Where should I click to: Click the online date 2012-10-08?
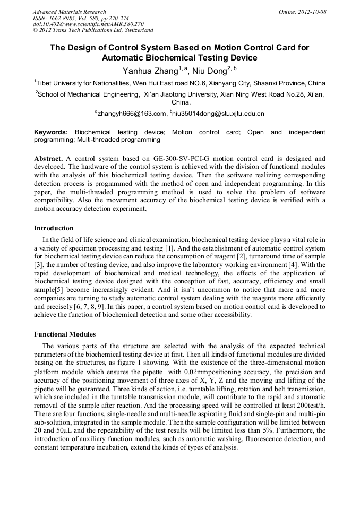click(x=312, y=12)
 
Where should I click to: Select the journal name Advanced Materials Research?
click(x=69, y=12)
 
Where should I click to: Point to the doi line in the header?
click(x=88, y=24)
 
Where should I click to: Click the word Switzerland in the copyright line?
click(x=136, y=30)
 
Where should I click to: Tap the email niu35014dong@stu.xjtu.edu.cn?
click(x=218, y=114)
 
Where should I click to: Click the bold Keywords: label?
click(x=51, y=132)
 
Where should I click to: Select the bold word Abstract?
click(x=48, y=159)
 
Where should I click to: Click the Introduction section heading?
click(x=54, y=228)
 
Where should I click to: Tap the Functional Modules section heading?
click(x=65, y=334)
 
